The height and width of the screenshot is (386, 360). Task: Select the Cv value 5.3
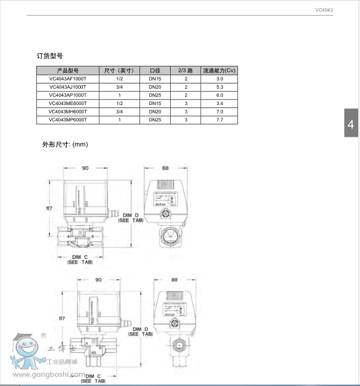[x=219, y=87]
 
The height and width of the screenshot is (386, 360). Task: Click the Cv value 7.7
[x=219, y=120]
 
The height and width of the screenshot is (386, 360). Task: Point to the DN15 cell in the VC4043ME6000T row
[x=155, y=103]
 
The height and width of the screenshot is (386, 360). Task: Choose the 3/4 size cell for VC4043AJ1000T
[x=120, y=87]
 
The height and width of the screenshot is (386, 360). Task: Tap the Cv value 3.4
[x=219, y=103]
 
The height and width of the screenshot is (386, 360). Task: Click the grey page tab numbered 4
[x=352, y=124]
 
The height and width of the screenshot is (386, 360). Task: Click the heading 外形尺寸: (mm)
[x=65, y=145]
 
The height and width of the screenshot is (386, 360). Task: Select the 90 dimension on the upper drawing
[x=85, y=168]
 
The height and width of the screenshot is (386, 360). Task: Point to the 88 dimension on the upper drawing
[x=165, y=168]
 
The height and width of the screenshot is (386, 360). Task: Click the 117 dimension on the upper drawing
[x=50, y=208]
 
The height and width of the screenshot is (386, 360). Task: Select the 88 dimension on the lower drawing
[x=175, y=280]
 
